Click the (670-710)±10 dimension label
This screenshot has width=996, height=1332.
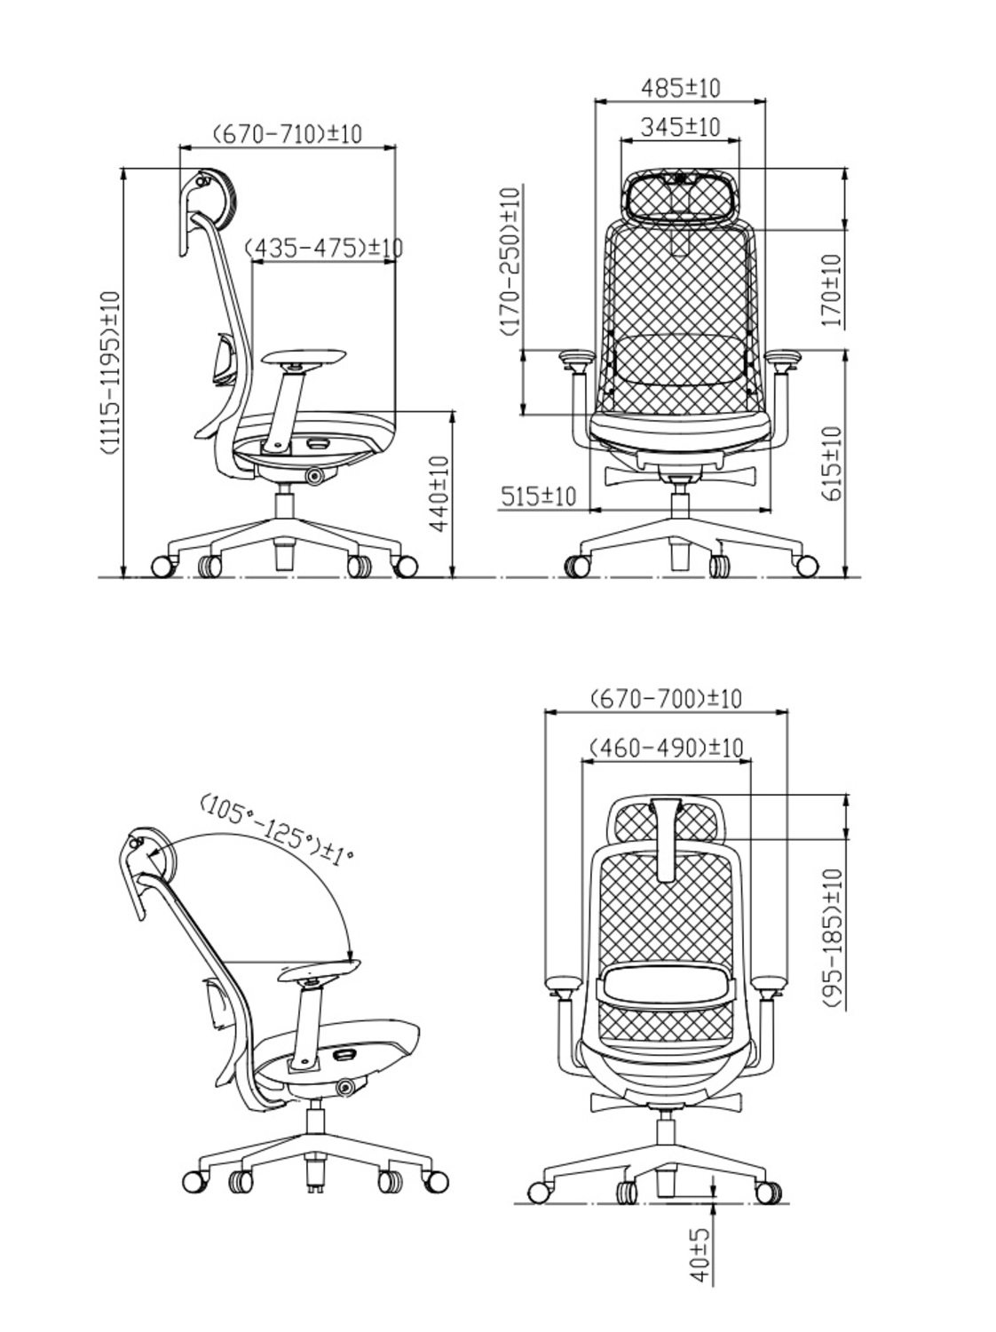(288, 134)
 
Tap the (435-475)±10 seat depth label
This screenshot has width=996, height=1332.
(323, 248)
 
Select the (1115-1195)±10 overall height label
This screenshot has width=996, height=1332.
(110, 373)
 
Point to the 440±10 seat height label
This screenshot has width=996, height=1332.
(439, 495)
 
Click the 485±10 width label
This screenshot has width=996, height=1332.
(680, 88)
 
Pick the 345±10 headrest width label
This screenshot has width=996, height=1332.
(681, 127)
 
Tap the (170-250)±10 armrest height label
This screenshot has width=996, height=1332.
(510, 262)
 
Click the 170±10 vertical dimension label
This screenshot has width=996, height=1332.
(831, 291)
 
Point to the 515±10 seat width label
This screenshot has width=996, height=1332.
(538, 496)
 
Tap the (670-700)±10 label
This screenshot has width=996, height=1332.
(666, 698)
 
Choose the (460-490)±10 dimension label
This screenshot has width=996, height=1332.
(666, 748)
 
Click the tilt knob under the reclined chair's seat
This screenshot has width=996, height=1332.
(344, 1086)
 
